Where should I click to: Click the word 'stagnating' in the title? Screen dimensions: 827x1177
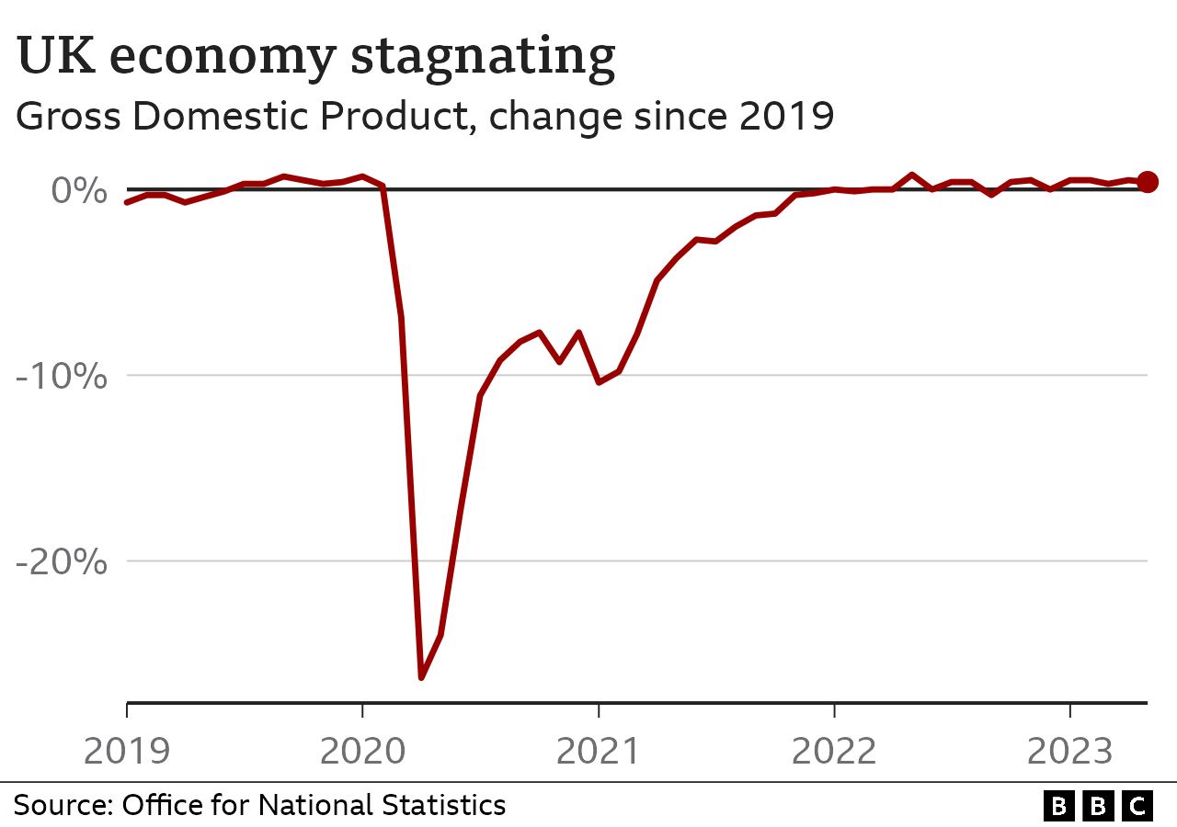point(484,57)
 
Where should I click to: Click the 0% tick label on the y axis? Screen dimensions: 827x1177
point(78,190)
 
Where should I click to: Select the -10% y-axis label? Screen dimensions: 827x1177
point(63,376)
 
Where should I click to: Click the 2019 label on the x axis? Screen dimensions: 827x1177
point(127,751)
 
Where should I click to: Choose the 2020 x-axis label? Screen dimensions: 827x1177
point(362,751)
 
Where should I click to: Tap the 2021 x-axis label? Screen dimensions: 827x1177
point(599,751)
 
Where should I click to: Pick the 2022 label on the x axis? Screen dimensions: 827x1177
point(834,751)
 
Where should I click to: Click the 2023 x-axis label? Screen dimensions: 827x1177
point(1069,751)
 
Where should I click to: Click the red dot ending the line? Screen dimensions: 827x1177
point(1148,182)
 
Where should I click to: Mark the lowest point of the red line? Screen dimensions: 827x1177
point(421,677)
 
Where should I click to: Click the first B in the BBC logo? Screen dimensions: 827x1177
point(1059,806)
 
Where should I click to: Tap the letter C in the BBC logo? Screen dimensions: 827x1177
point(1138,806)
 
